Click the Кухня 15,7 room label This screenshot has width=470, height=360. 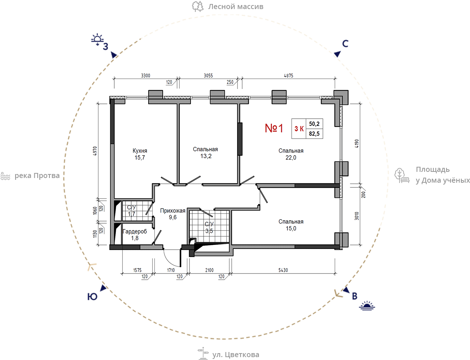[x=140, y=154]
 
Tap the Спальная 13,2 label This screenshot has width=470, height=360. [x=205, y=153]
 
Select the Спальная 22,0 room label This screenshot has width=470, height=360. [x=291, y=154]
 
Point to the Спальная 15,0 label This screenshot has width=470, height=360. [x=291, y=225]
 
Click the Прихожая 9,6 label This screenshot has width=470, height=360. [x=172, y=214]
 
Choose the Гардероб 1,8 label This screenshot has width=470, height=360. [x=135, y=235]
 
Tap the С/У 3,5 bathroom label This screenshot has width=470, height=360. [x=209, y=227]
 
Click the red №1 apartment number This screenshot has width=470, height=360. [x=274, y=128]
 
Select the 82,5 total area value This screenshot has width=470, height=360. [x=314, y=134]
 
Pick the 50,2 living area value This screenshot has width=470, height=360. [x=314, y=124]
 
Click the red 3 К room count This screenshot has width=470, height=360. [x=299, y=128]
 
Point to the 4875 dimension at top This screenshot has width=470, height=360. [x=289, y=75]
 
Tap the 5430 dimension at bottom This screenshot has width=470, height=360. [x=283, y=270]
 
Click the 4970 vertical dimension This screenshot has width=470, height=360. [x=95, y=151]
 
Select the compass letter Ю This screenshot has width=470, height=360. [x=92, y=297]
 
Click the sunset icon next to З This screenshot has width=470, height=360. [x=97, y=39]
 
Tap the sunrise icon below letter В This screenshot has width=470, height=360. [x=367, y=306]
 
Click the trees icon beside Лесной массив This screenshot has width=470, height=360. [x=198, y=7]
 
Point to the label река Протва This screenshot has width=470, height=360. [x=37, y=175]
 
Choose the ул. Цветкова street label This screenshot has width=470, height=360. [x=235, y=355]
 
